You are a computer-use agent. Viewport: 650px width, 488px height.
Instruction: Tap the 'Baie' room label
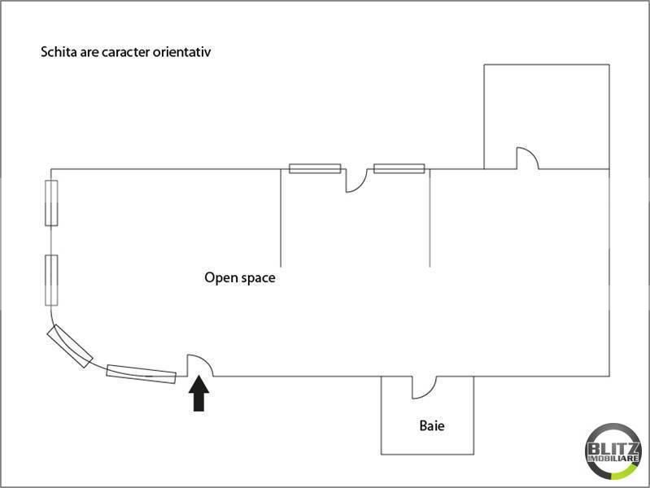click(x=432, y=425)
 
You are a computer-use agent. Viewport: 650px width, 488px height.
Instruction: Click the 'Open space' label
click(x=239, y=278)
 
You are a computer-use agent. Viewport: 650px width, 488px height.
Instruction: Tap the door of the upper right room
click(x=526, y=158)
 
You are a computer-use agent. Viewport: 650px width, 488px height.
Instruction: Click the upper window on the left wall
click(x=51, y=203)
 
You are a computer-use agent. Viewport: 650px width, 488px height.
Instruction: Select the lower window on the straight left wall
click(x=51, y=279)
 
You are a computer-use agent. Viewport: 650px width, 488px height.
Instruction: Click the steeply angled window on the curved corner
click(x=69, y=346)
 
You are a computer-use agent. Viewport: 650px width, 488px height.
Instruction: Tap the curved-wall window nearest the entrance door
click(x=141, y=373)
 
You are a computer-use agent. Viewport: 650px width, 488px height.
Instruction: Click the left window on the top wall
click(x=315, y=169)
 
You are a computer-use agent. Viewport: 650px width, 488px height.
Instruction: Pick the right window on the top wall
click(x=399, y=169)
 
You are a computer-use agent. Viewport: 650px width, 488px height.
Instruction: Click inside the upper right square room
click(x=546, y=110)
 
